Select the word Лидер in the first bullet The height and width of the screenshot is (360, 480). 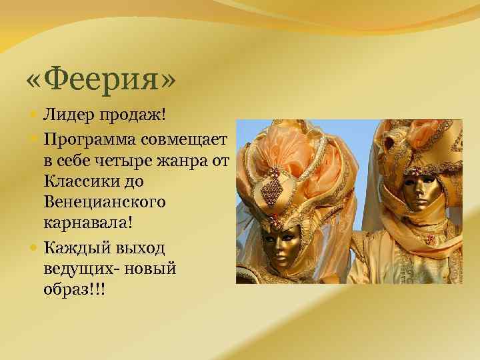(65, 117)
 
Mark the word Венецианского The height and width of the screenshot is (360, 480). (105, 203)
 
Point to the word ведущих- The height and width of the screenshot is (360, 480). (80, 269)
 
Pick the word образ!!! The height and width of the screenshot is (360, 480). (74, 291)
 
